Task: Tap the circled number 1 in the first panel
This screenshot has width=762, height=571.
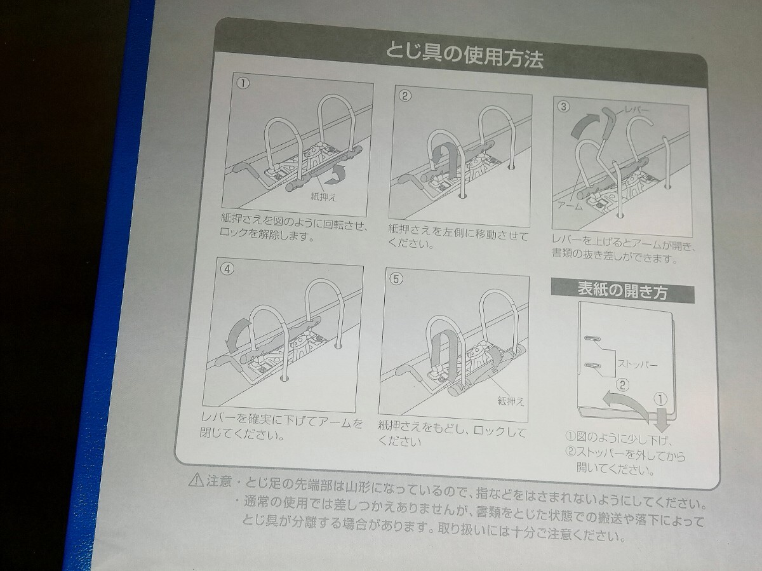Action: pyautogui.click(x=243, y=83)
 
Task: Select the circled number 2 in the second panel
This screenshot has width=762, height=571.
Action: pyautogui.click(x=406, y=97)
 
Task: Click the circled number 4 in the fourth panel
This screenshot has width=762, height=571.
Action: pyautogui.click(x=227, y=268)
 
